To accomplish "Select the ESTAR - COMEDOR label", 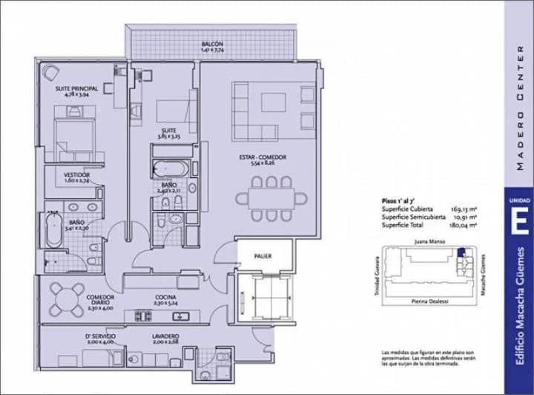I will pos(263,158).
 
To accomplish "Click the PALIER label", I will pos(262,256).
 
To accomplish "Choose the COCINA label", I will pos(166,296).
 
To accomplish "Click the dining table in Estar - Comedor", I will pos(271,199).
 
